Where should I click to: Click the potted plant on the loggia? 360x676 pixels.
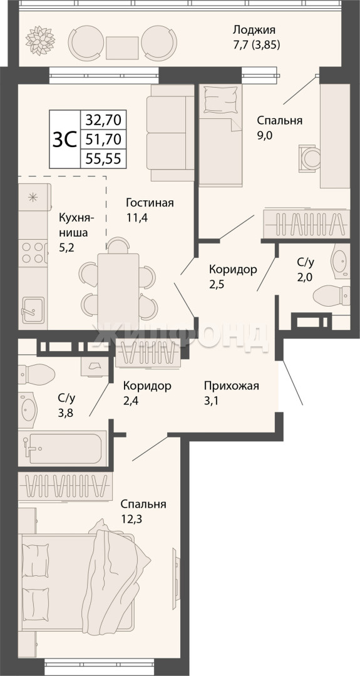coord(40,41)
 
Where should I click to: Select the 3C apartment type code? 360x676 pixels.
coord(64,139)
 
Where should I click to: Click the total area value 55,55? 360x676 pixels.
coord(103,159)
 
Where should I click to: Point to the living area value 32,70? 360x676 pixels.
coord(103,118)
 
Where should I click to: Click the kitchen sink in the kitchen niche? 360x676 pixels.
coord(33,309)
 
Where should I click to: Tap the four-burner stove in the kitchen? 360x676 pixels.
coord(33,253)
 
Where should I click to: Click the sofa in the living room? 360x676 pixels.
coord(170,132)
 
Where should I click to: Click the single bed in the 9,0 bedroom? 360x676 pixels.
coord(220,135)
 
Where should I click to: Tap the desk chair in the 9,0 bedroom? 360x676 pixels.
coord(309,158)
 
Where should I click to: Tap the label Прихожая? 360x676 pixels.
coord(232,386)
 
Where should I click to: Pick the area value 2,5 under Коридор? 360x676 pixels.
coord(217,284)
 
